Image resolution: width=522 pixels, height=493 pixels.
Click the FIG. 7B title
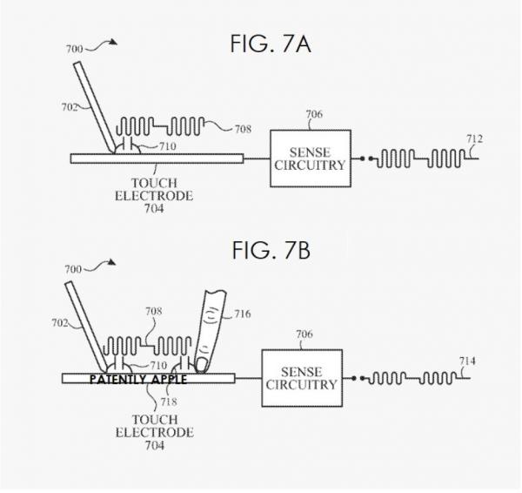pos(271,251)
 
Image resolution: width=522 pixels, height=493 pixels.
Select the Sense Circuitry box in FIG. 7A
pos(311,158)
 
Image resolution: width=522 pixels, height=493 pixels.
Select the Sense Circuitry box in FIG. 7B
pos(301,378)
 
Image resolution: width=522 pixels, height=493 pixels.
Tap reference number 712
pos(475,139)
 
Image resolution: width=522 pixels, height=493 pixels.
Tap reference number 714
pos(467,361)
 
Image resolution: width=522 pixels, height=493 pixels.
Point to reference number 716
pos(242,314)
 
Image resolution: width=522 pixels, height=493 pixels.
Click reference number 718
pos(162,403)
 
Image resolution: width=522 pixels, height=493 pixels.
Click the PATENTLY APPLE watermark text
pos(138,380)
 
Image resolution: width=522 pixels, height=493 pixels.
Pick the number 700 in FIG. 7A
pos(76,49)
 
